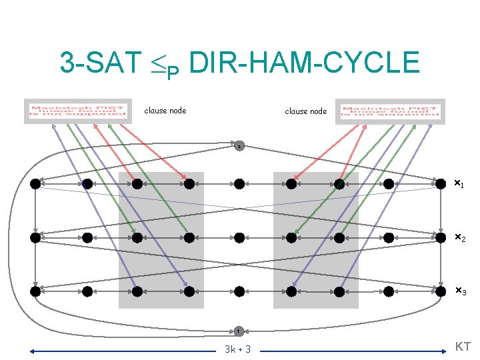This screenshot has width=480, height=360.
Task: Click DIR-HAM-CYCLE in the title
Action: [304, 63]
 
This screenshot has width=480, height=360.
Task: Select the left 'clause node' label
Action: [165, 111]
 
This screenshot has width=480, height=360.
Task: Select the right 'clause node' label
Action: [306, 111]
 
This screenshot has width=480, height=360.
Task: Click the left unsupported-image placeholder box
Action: [76, 111]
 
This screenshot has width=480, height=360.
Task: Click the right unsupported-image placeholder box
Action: [389, 111]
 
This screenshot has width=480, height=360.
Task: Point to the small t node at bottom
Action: [239, 330]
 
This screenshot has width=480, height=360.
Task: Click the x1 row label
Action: [459, 183]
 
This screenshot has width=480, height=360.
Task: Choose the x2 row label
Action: [459, 237]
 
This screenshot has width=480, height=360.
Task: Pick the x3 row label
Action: [459, 291]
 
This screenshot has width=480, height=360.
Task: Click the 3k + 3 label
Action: [238, 349]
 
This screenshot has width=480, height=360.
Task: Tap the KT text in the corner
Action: [462, 346]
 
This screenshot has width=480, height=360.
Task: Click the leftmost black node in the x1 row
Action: [35, 183]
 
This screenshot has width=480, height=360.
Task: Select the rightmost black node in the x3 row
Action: [440, 291]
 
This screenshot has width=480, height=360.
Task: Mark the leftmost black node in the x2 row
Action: [35, 237]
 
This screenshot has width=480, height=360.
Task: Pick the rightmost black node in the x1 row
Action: [440, 183]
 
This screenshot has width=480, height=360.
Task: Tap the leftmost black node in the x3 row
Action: [35, 291]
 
